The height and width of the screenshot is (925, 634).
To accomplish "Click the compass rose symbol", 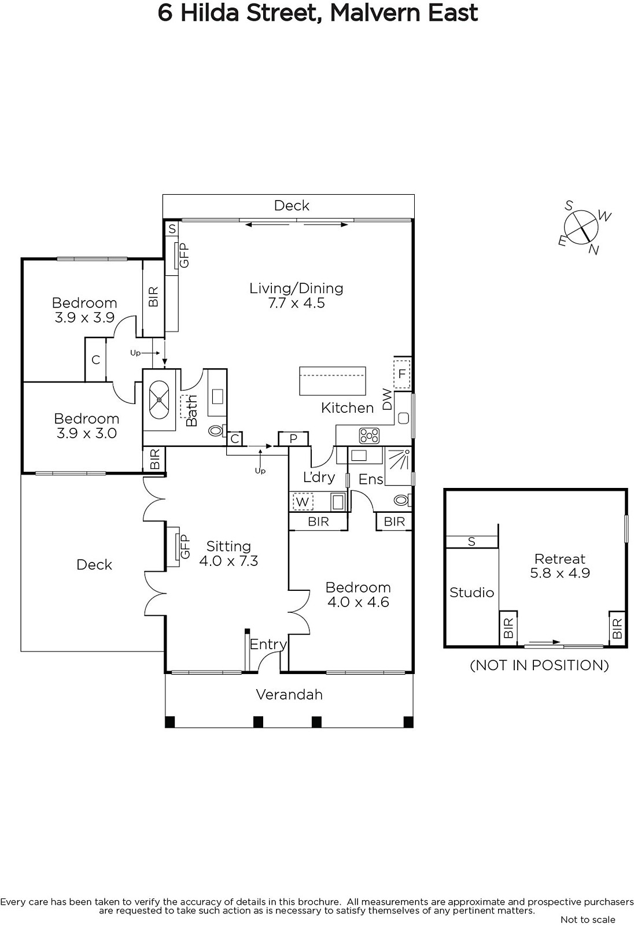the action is [x=581, y=228].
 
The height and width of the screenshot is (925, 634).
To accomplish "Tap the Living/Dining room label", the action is [x=296, y=288].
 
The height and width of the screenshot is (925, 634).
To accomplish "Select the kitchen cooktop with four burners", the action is [x=369, y=435].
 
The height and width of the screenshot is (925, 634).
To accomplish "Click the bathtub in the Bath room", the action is [x=159, y=399].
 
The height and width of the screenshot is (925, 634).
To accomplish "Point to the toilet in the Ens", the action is [x=401, y=500].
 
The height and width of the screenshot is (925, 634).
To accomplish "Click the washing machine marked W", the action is [x=303, y=502].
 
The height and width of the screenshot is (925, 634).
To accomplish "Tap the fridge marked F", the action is [x=401, y=374].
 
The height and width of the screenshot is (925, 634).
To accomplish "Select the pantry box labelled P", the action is [x=293, y=438].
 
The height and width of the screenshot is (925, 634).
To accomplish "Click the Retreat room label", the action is [x=559, y=558].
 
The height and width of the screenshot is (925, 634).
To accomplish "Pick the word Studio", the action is [x=471, y=593].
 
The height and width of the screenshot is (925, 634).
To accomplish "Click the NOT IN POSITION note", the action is [x=539, y=665].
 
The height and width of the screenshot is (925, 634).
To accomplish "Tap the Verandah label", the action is [x=289, y=694].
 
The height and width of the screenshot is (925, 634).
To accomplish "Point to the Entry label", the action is [x=268, y=644].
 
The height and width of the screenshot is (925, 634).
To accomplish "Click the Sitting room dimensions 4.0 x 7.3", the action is [x=228, y=561].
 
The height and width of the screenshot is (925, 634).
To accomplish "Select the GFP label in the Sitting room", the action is [x=185, y=546].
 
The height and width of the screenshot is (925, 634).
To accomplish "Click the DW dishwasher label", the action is [x=387, y=399].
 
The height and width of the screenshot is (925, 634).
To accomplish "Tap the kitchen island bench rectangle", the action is [x=333, y=381].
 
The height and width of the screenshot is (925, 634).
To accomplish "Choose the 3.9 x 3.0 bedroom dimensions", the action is [x=86, y=433].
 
